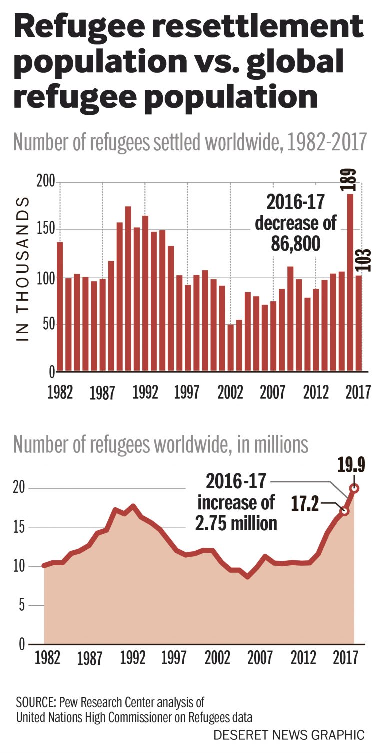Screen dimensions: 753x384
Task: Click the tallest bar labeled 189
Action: pyautogui.click(x=350, y=283)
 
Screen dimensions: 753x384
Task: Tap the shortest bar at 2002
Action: pyautogui.click(x=230, y=348)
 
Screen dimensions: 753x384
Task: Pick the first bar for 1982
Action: pyautogui.click(x=60, y=307)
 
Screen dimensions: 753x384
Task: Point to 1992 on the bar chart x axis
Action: pyautogui.click(x=145, y=392)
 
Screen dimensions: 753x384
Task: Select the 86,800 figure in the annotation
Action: pyautogui.click(x=295, y=244)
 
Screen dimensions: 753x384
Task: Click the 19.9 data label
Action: pyautogui.click(x=351, y=466)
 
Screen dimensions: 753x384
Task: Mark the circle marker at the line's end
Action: pyautogui.click(x=354, y=488)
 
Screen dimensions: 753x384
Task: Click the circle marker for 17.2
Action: pyautogui.click(x=344, y=511)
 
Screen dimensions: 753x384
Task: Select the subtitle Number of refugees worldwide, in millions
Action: pyautogui.click(x=161, y=444)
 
